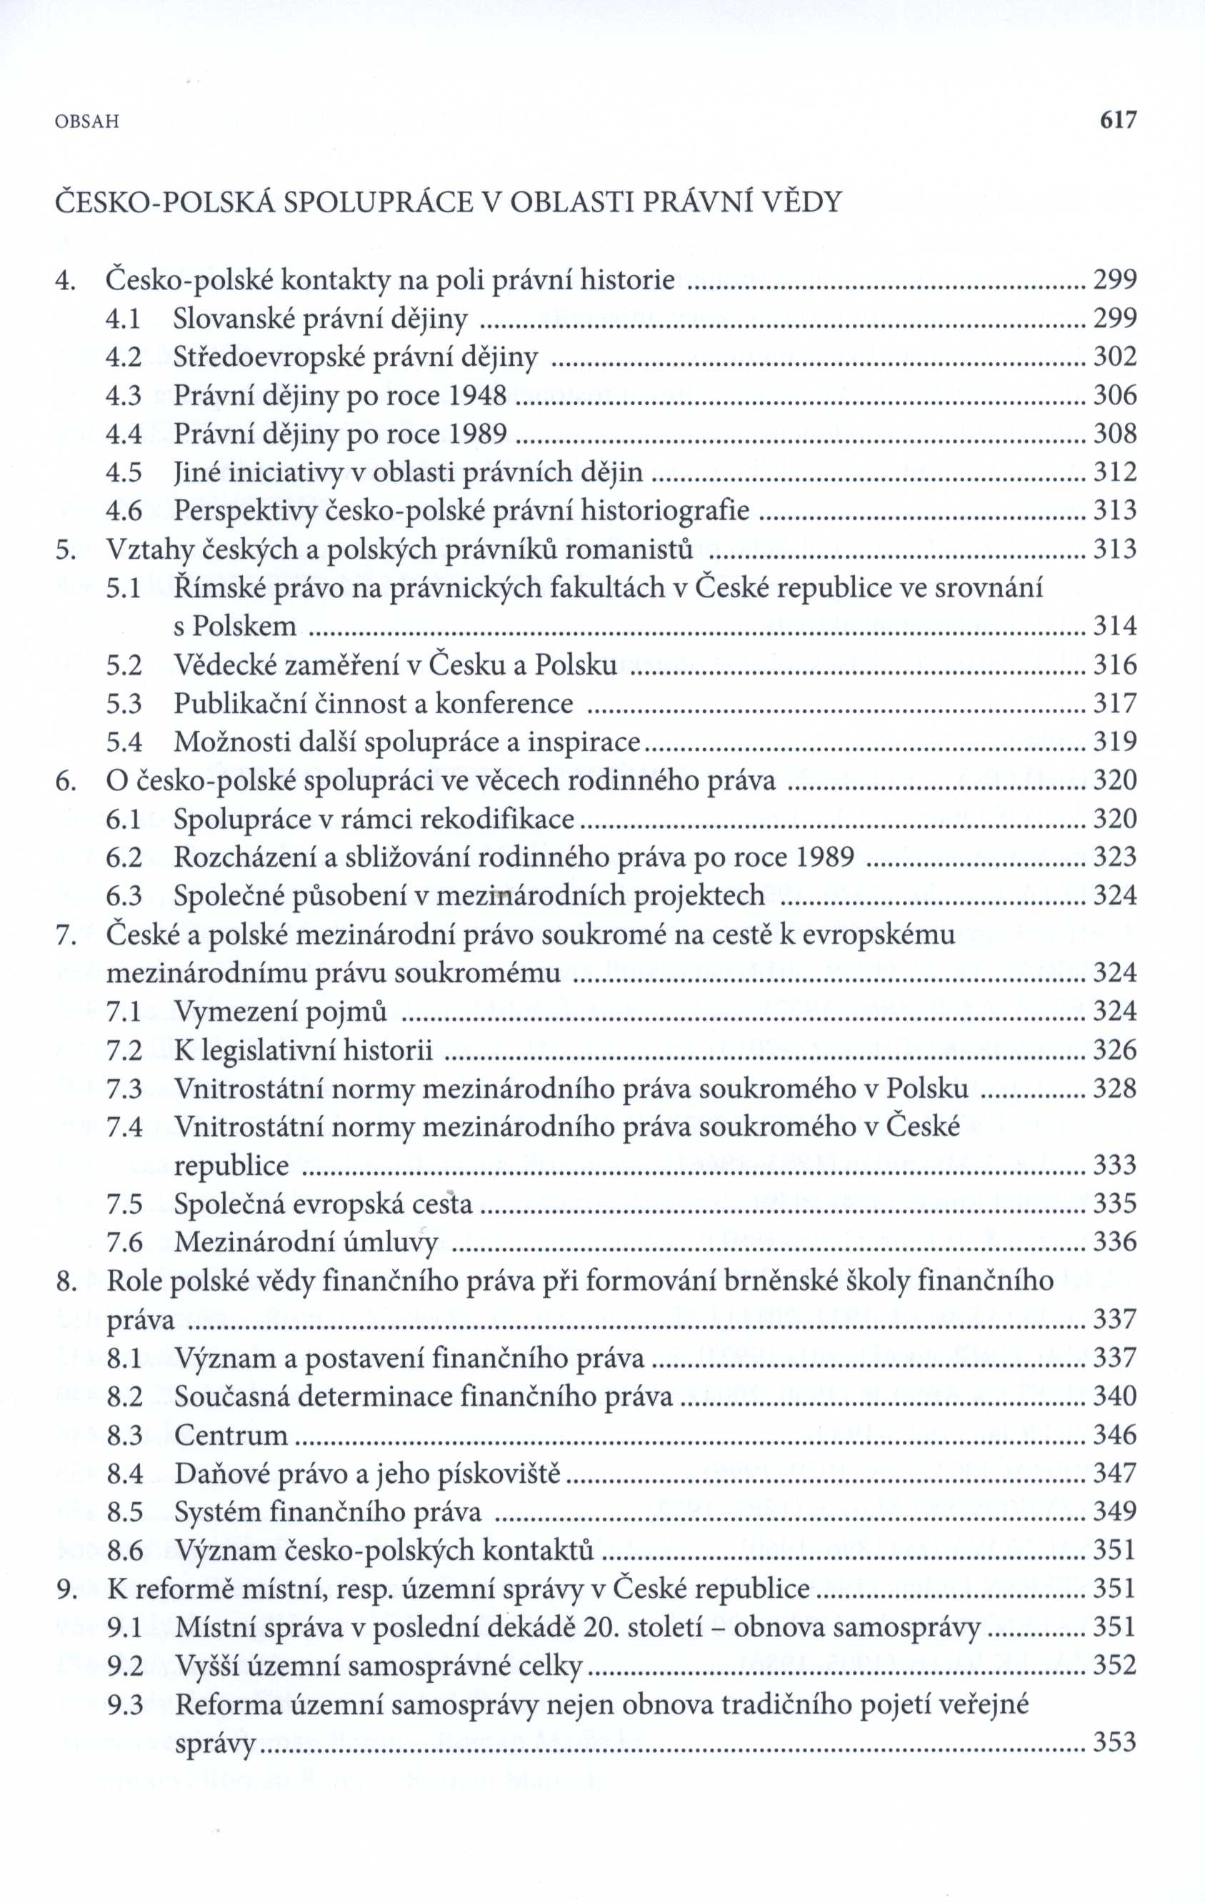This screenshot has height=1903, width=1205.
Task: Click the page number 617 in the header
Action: pos(1116,120)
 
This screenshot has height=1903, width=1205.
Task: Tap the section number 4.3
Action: pos(124,395)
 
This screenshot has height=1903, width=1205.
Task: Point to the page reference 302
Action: pos(1114,357)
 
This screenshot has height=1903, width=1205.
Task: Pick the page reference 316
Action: pos(1114,665)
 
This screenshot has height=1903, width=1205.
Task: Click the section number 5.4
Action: pos(124,742)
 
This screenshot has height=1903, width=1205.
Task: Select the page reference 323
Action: pos(1114,858)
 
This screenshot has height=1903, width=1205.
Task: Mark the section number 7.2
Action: pos(124,1050)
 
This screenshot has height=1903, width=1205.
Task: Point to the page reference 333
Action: pos(1114,1166)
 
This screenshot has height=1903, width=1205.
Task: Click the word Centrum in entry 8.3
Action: pos(230,1435)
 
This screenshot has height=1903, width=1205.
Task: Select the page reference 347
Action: pos(1114,1474)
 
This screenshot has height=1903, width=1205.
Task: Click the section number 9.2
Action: pos(124,1666)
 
